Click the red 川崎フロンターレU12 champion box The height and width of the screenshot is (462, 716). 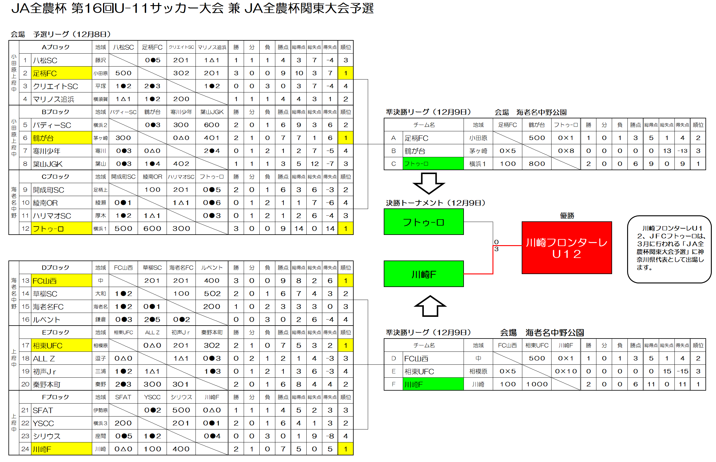[x=567, y=248]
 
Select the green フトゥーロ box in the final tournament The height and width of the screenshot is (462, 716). [x=424, y=222]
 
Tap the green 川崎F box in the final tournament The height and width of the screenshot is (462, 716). [x=424, y=274]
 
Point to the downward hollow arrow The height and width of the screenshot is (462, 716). [x=429, y=183]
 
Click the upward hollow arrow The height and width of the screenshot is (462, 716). [x=430, y=306]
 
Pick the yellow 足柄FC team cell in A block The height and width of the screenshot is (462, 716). [x=61, y=73]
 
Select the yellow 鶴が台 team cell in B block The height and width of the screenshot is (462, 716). [x=61, y=138]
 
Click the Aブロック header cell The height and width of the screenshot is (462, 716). [x=55, y=47]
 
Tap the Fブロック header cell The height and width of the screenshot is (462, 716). [x=55, y=397]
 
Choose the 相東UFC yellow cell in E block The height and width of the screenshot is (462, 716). [x=61, y=345]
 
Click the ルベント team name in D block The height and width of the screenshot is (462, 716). [x=46, y=320]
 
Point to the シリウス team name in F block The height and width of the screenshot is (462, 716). [x=47, y=436]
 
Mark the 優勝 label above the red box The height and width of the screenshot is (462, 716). [x=567, y=216]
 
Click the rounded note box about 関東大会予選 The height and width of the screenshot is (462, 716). [x=669, y=249]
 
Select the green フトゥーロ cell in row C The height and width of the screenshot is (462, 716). [x=433, y=164]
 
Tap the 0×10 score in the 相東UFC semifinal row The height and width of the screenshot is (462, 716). [x=566, y=371]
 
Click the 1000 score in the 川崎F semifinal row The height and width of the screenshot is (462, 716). [x=537, y=384]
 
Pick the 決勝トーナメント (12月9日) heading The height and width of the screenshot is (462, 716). [x=436, y=203]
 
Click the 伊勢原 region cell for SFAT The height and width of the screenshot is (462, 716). [x=100, y=410]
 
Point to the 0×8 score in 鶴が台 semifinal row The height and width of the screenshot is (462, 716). [x=566, y=151]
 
